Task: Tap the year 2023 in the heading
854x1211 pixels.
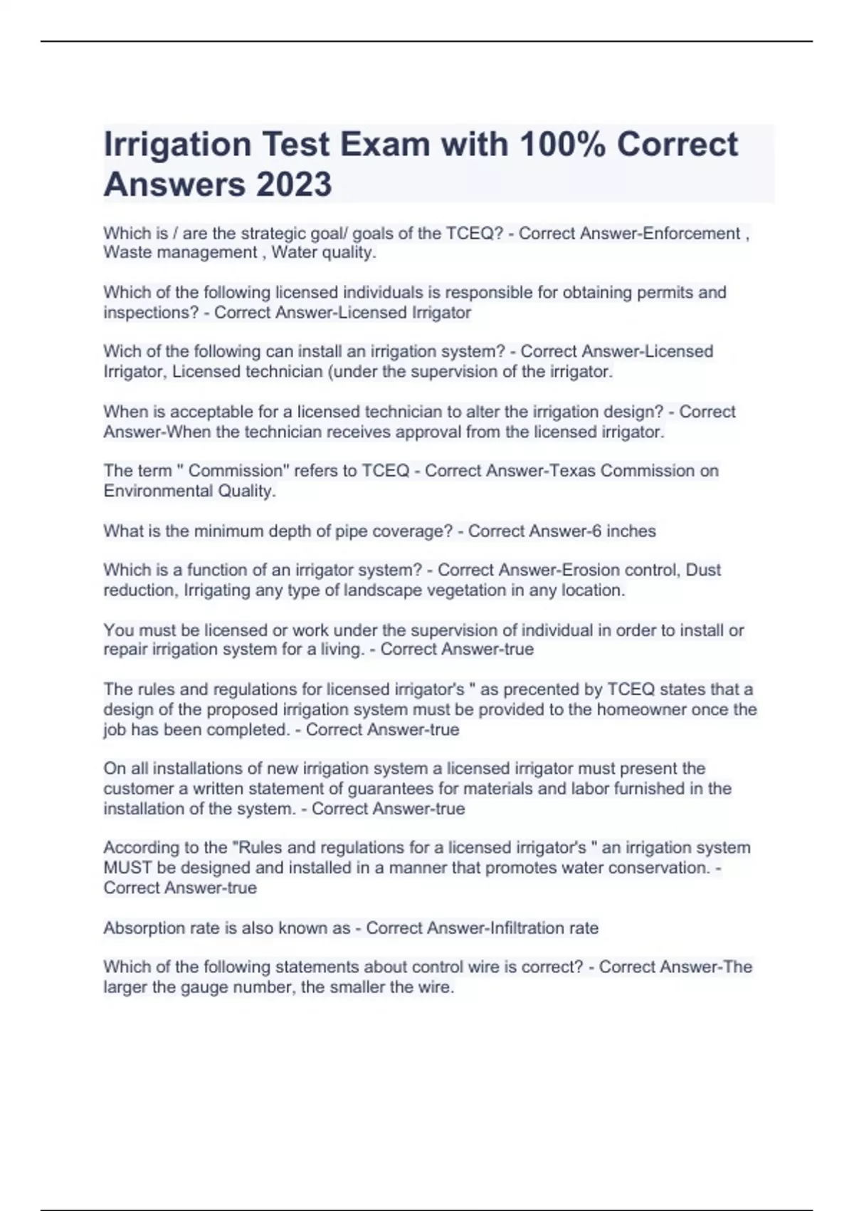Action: [x=293, y=184]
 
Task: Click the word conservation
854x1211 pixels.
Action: [x=661, y=868]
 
